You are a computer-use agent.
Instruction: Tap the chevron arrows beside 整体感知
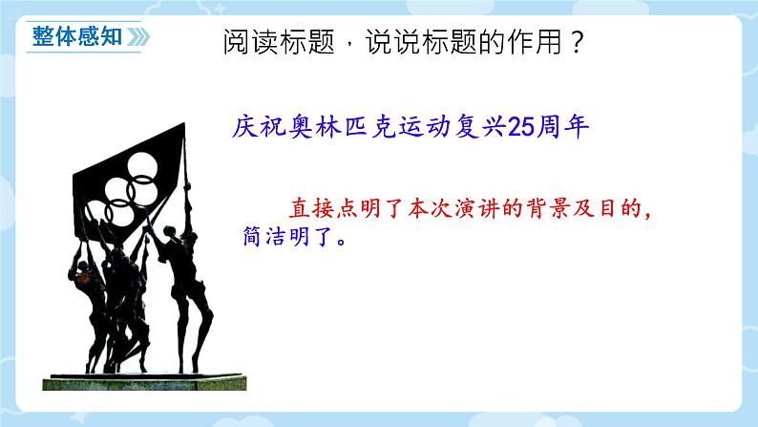pyautogui.click(x=136, y=37)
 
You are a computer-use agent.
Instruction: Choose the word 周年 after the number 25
pyautogui.click(x=566, y=127)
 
